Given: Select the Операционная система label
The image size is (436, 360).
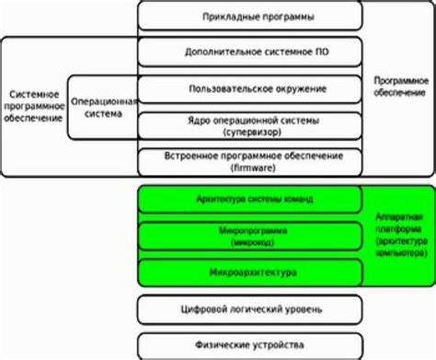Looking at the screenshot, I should click(106, 108).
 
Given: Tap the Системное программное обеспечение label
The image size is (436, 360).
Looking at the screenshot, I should click(34, 109).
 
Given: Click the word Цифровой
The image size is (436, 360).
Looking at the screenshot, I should click(212, 308).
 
